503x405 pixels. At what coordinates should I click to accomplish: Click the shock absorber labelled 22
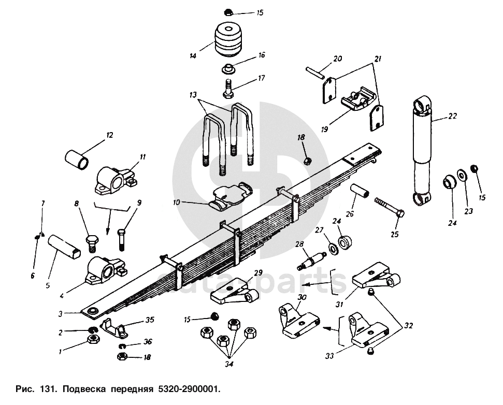422,151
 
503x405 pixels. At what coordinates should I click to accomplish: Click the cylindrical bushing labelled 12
77,160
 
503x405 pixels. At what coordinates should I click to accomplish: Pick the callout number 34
229,364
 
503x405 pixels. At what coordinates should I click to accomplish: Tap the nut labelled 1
93,338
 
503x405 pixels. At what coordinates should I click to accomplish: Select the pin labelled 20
316,73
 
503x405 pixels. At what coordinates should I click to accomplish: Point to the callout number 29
258,272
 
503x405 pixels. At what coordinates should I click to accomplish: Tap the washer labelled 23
462,175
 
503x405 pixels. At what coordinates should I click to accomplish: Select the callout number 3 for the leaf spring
61,314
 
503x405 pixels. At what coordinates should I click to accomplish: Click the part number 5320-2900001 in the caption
189,389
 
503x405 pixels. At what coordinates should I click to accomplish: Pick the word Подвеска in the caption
84,389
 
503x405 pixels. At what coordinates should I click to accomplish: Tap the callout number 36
148,342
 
